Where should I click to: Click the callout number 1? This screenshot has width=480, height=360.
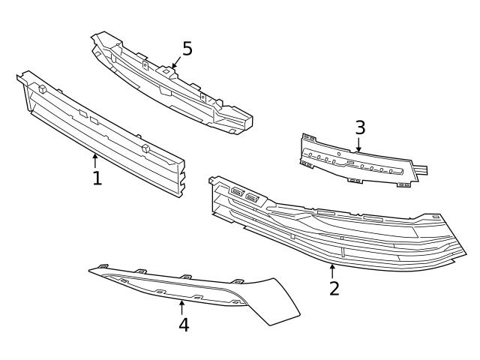tap(97, 178)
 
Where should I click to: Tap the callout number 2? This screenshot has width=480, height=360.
tap(334, 288)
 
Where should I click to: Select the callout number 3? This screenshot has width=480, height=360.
tap(360, 127)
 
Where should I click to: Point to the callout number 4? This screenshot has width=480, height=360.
tap(183, 325)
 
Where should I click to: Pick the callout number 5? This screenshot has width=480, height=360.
tap(187, 49)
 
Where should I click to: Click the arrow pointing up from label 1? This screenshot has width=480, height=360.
tap(95, 160)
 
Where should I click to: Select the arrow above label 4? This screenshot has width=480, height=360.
tap(181, 307)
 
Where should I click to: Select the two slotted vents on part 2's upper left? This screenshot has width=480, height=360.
tap(244, 195)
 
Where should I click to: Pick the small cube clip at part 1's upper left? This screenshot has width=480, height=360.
tap(42, 88)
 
